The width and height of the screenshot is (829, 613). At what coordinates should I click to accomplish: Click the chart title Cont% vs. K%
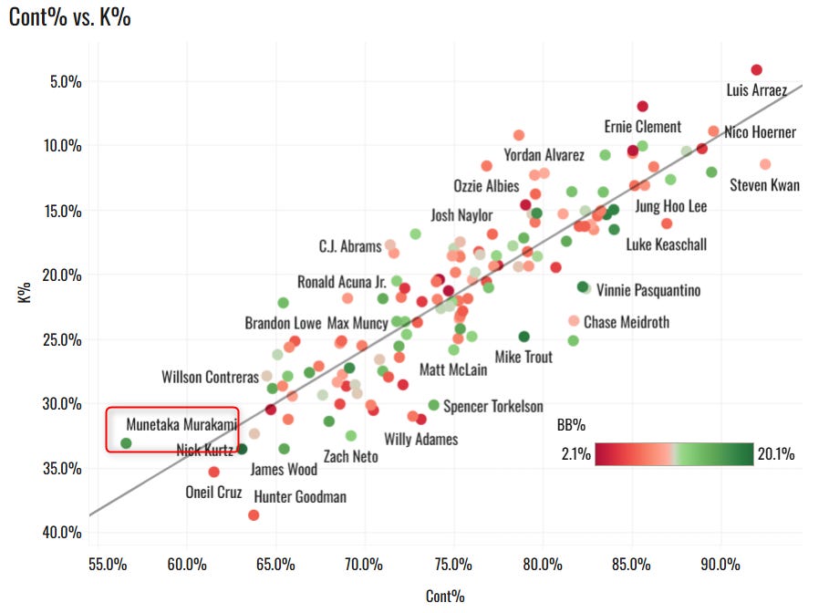coord(70,17)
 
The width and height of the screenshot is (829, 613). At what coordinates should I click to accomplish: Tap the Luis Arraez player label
coord(757,90)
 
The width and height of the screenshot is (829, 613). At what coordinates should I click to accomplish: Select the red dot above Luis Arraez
coord(757,70)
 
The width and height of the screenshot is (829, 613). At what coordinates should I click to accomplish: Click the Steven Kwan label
coord(764,185)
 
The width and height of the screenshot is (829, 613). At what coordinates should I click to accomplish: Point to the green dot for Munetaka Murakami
coord(126,443)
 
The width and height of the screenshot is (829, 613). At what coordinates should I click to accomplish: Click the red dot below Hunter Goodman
coord(254,515)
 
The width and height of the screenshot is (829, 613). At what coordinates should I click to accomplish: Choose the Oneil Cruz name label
coord(213,493)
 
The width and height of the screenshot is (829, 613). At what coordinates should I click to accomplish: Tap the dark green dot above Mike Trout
coord(524,337)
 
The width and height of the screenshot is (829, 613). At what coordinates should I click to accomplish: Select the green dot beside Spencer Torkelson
coord(433,405)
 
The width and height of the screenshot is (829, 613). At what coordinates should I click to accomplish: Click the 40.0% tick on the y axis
coord(62,532)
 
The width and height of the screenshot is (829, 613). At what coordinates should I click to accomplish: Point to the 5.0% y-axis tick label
coord(66,81)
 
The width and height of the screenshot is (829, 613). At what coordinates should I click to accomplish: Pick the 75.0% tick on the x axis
coord(453,565)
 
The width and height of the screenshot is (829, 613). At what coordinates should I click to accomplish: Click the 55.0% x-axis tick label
coord(108,565)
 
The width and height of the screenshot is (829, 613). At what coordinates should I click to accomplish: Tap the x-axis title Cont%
coord(445,597)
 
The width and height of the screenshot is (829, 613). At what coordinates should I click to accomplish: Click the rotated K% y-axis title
coord(25,293)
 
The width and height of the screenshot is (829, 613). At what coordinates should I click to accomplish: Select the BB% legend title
coord(571,425)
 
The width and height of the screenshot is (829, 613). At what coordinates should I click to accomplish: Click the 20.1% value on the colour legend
coord(776,453)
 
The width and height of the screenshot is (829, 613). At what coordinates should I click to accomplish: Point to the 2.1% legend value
coord(576,453)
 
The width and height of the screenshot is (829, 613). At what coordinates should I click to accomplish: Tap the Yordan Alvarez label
coord(544,155)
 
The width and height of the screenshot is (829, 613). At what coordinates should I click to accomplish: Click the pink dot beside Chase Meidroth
coord(574,321)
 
